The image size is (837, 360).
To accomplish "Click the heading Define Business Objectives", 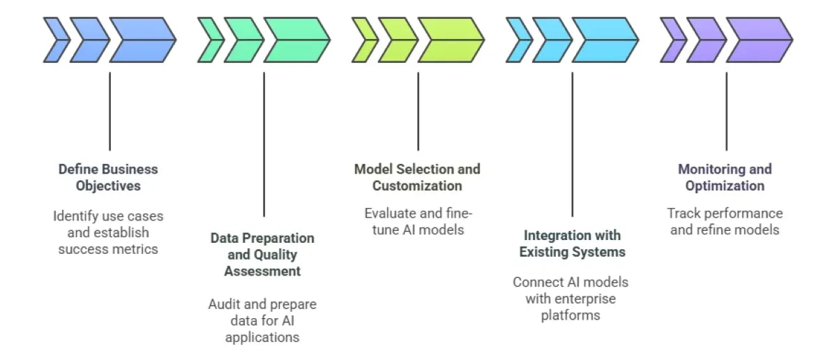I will pos(108,177).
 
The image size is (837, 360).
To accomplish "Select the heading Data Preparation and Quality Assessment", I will pos(262,254).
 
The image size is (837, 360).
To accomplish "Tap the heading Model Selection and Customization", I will pos(417,177).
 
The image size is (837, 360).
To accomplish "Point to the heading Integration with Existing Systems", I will pos(572,243).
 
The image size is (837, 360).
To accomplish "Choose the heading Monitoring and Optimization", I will pos(725,177).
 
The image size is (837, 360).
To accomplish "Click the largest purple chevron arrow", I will pos(760,40).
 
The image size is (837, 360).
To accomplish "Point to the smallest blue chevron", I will pos(56,40).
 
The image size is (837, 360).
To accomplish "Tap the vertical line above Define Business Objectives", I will pos(110,112).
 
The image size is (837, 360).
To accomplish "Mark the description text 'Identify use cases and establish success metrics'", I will pos(108,232).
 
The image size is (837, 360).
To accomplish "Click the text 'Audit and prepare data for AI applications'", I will pos(262,320).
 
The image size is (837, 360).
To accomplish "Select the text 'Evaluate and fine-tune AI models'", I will pos(417,220).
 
